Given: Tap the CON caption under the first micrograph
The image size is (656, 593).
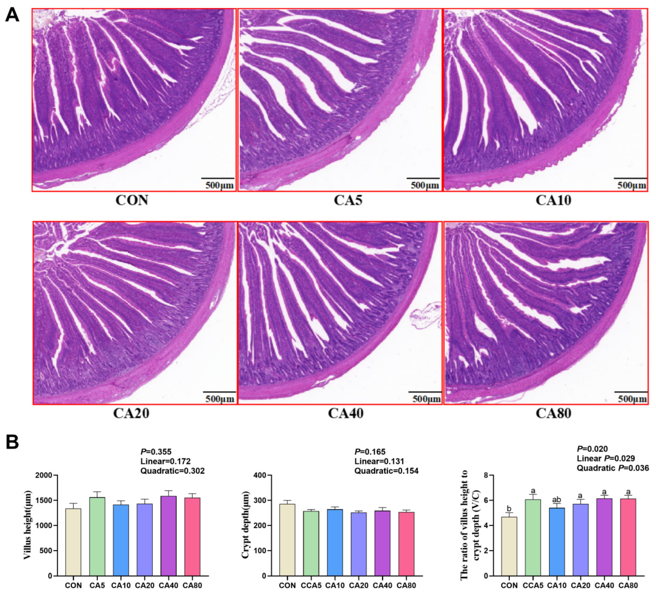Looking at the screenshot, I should point(132,200).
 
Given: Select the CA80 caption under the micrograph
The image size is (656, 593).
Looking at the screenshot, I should point(553,413).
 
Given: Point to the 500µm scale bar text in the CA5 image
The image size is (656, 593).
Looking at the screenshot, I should point(424,186).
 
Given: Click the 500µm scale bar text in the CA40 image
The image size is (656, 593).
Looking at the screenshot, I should point(426,399).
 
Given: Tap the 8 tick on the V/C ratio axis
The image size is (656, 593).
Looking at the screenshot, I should point(486,475).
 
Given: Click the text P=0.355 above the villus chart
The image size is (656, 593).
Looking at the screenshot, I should point(156,451).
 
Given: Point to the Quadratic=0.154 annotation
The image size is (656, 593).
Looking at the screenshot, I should point(386,471).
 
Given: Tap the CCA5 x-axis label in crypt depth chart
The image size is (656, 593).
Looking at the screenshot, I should point(311,585).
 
